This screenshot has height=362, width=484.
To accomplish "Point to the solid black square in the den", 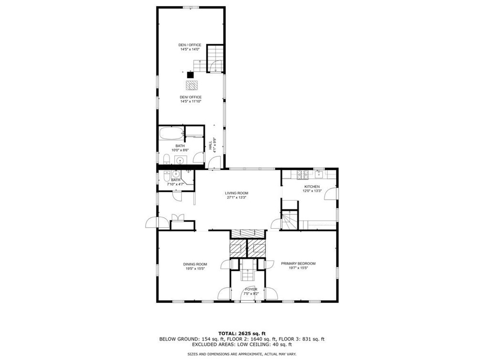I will (x=190, y=74).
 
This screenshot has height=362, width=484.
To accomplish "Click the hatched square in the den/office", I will (x=192, y=85).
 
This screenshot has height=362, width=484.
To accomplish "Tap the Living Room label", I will (x=237, y=193).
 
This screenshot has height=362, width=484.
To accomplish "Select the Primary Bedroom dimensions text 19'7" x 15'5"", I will (x=298, y=268).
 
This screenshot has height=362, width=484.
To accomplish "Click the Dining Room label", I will (x=195, y=264).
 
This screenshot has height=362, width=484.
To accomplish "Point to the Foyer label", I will (x=251, y=289).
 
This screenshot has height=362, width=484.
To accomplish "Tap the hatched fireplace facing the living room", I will (x=248, y=234).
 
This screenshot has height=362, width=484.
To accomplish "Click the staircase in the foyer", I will (x=248, y=275).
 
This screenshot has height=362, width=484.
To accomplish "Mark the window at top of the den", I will (x=190, y=7).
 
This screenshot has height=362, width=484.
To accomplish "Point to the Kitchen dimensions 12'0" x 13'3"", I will (x=313, y=191).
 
